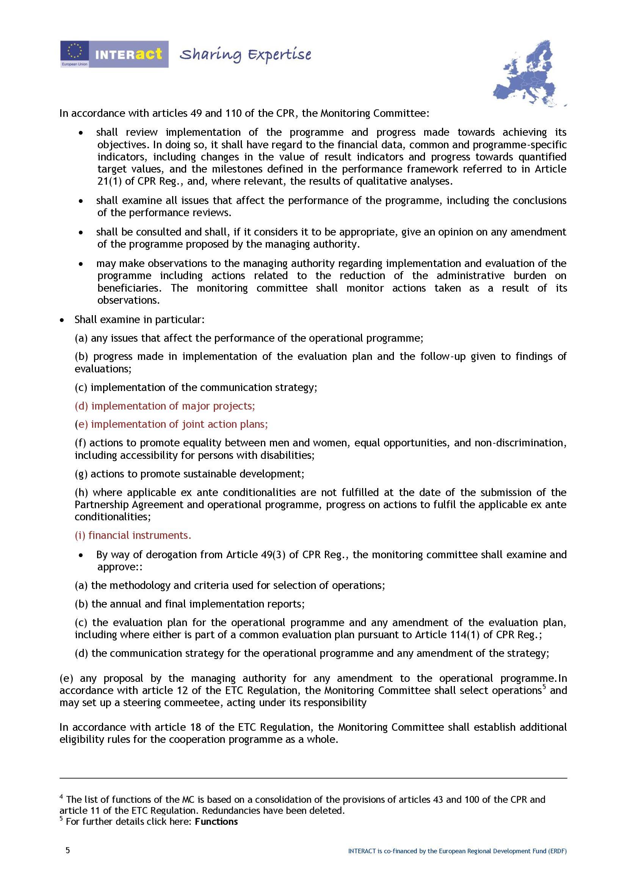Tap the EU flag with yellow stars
[75, 51]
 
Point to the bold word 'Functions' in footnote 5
[216, 822]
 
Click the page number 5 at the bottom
[68, 850]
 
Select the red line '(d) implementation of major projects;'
[165, 406]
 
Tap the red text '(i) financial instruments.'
[133, 535]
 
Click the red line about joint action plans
[171, 424]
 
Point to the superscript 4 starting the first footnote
[61, 797]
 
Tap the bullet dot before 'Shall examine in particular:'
[62, 320]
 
